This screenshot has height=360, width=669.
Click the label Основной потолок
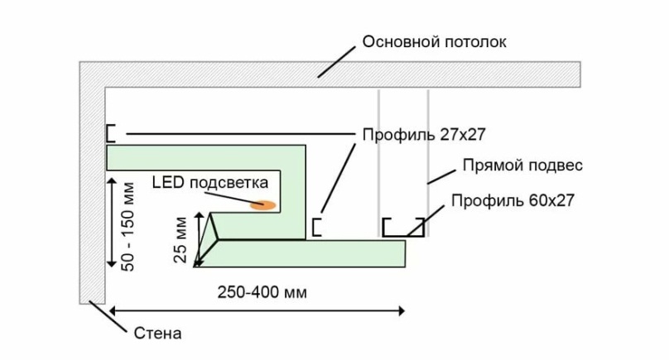pos(433,41)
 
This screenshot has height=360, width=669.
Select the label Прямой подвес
pos(522,166)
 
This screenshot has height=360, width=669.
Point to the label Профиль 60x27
pos(513,199)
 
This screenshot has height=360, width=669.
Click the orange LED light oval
pos(264,203)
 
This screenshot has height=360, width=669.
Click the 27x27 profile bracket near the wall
pos(110,133)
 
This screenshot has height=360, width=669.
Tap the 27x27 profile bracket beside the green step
pos(315,227)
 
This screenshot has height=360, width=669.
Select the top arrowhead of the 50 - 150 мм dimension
pos(112,177)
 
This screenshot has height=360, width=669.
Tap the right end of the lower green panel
pos(403,254)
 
